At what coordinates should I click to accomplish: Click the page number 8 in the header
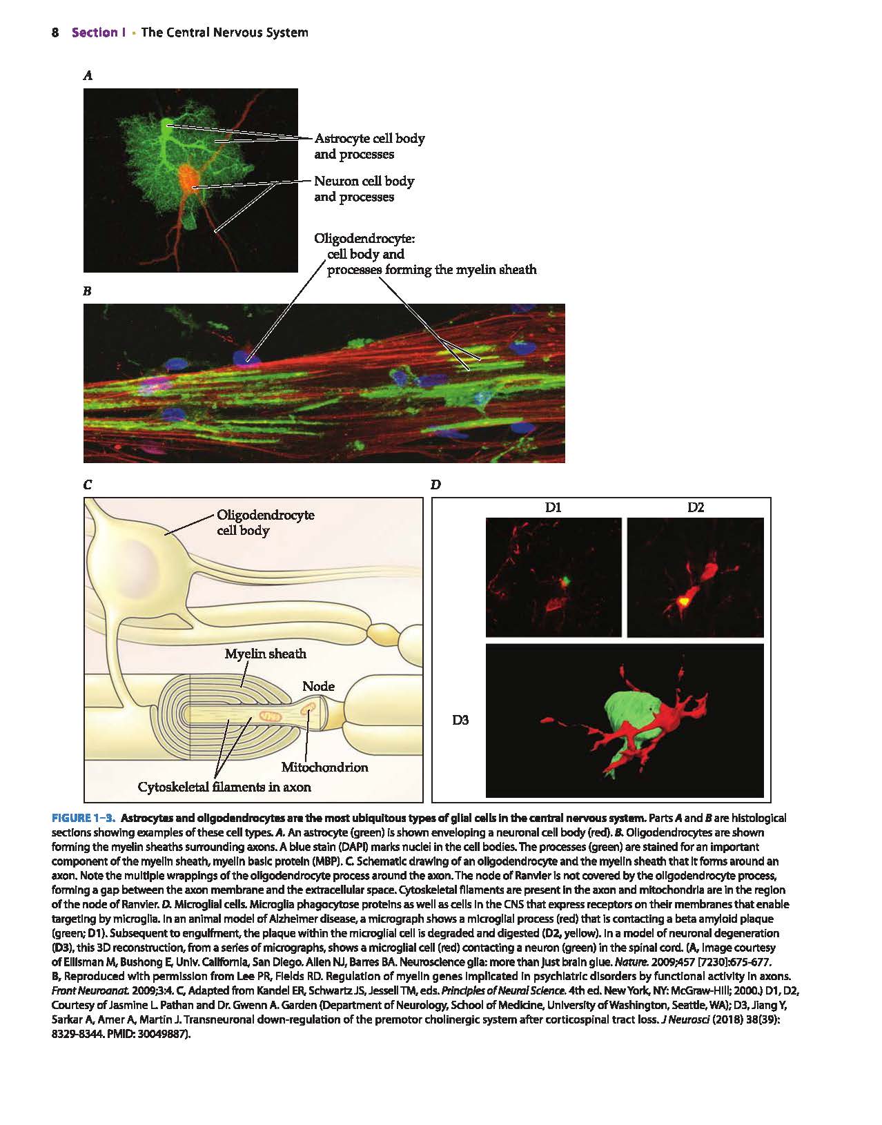(55, 32)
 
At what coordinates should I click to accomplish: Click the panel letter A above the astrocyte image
(88, 76)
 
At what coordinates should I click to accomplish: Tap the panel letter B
(88, 291)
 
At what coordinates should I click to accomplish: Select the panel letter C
(88, 485)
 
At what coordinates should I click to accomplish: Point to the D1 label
(553, 507)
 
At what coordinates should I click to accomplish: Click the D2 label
(695, 507)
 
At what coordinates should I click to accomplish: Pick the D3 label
(460, 720)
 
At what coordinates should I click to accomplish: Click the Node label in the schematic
(318, 687)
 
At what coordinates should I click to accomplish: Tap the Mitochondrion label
(324, 767)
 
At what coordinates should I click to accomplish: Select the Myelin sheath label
(265, 654)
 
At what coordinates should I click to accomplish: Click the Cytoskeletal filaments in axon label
(224, 787)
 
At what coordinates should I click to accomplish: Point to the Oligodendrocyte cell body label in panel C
(266, 522)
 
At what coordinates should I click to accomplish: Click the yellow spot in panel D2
(684, 601)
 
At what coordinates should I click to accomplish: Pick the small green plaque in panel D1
(565, 581)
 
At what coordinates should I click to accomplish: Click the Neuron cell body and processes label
(364, 189)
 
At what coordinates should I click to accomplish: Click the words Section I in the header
(99, 32)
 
